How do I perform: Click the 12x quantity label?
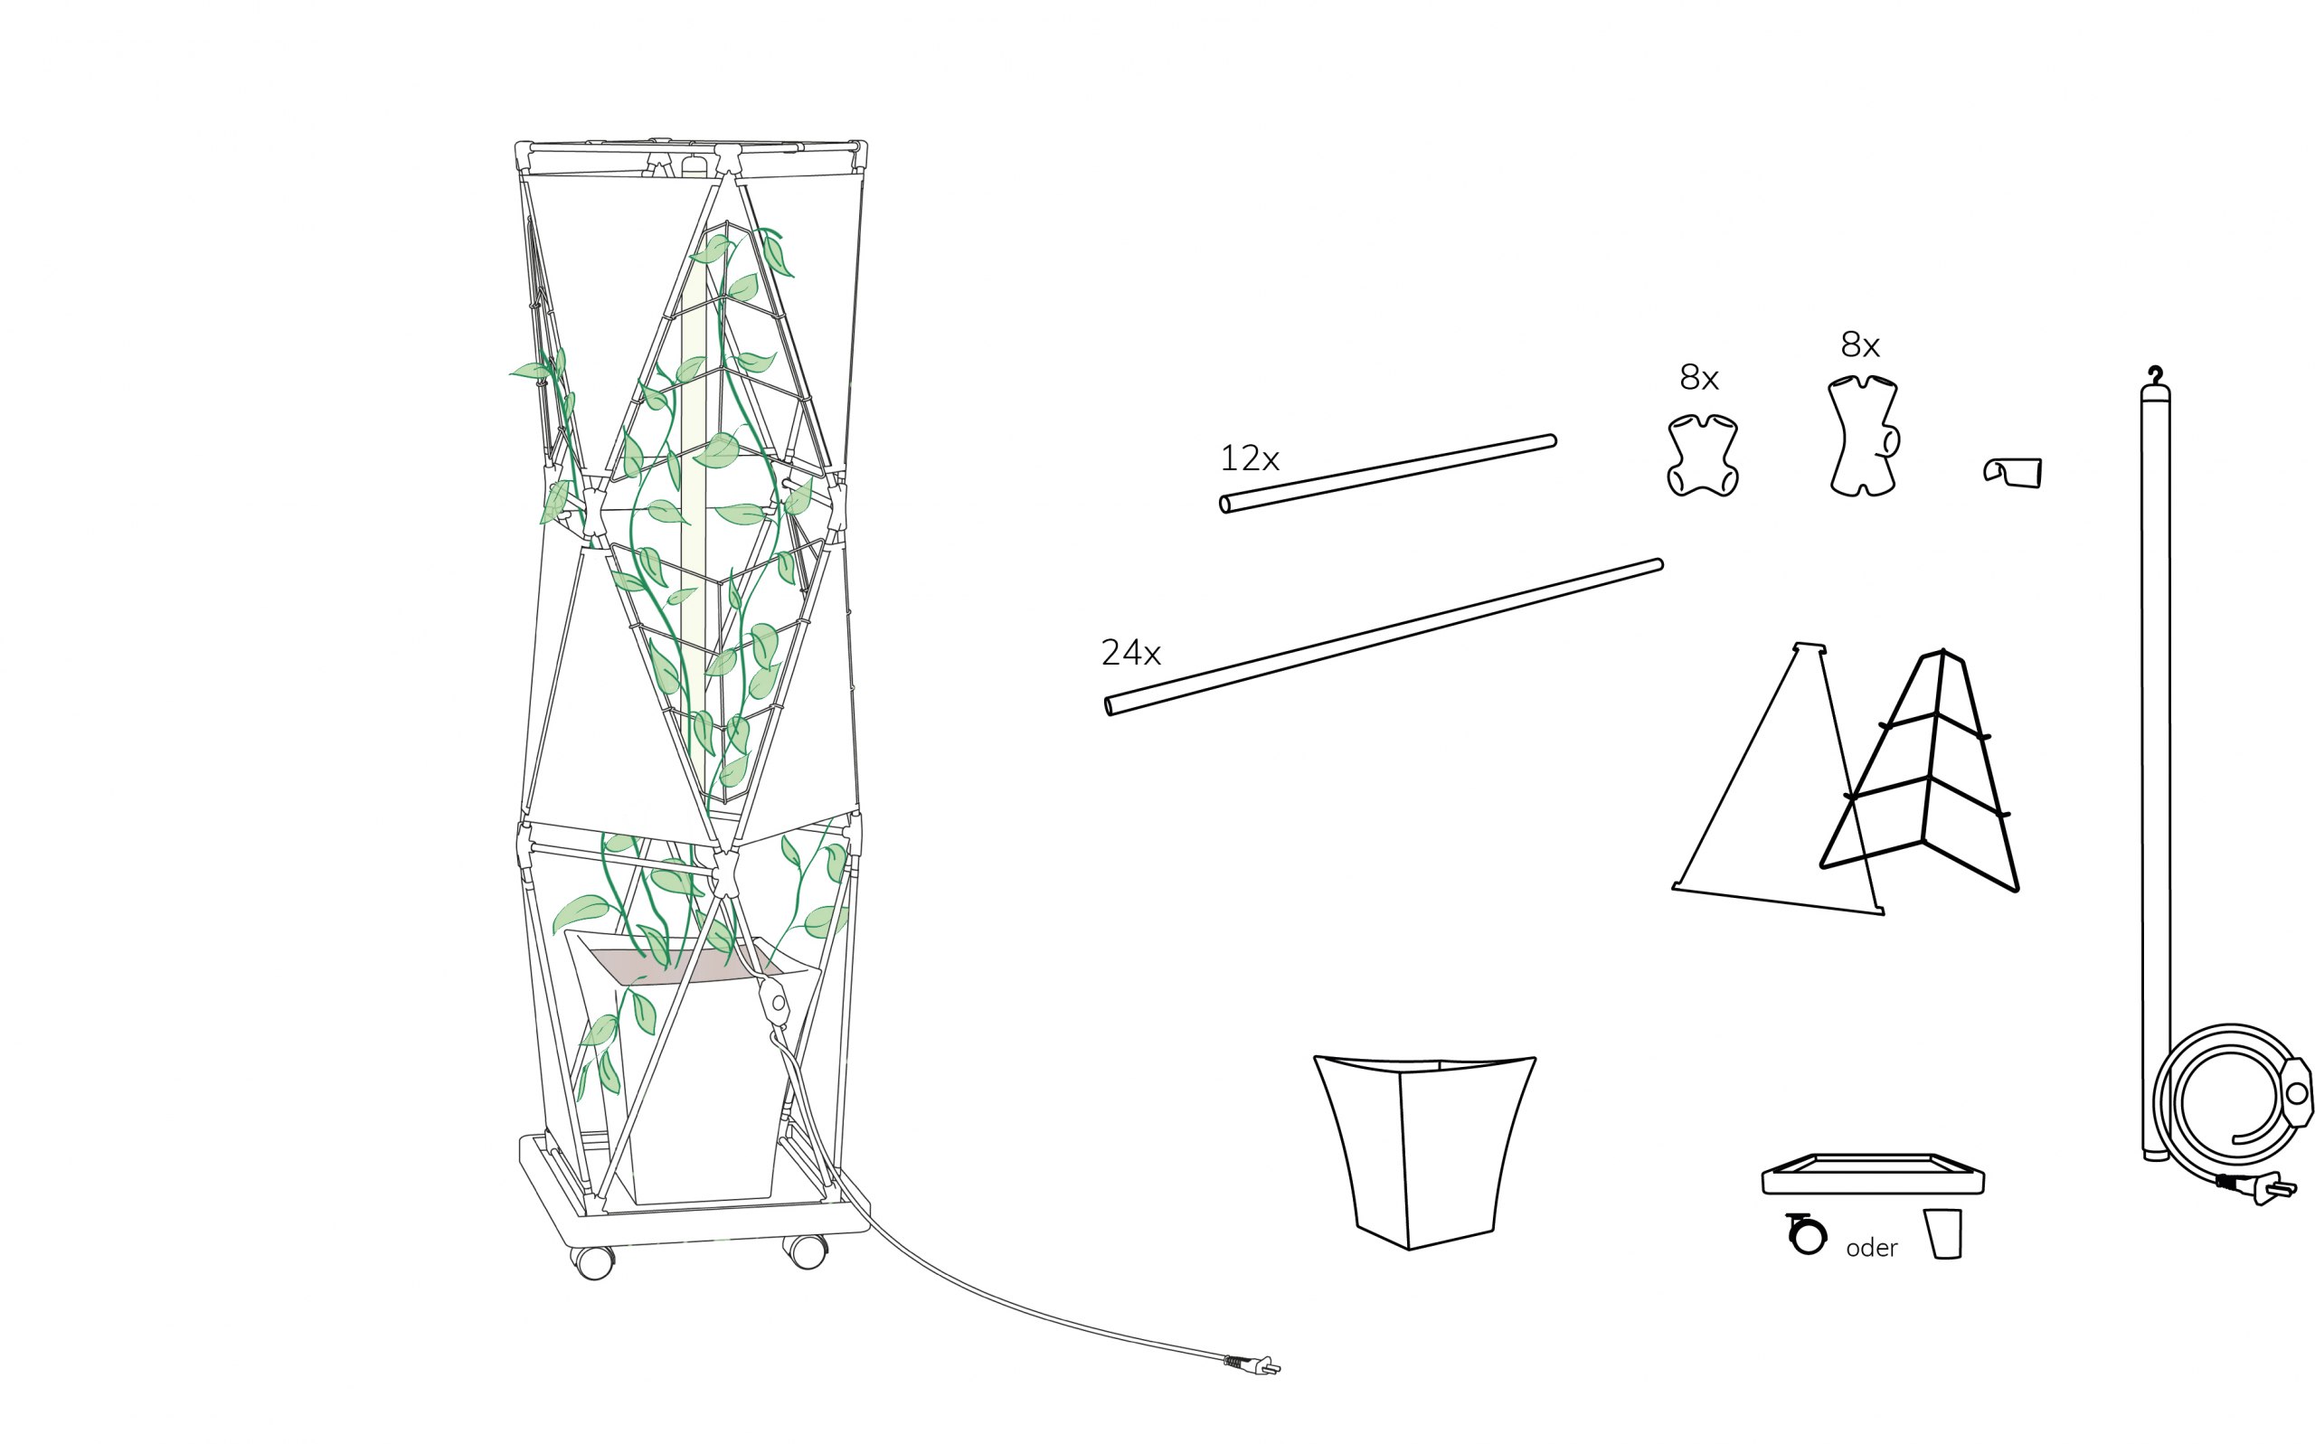coord(1249,458)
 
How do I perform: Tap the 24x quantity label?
coord(1130,652)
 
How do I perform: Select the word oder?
coord(1872,1247)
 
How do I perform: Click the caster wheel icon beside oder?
coord(1807,1234)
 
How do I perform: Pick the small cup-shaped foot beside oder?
coord(1942,1234)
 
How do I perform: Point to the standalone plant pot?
coord(1424,1151)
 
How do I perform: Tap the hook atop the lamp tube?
coord(2156,374)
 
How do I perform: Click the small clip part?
coord(2012,472)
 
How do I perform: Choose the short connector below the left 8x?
coord(1703,455)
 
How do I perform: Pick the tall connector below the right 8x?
coord(1863,436)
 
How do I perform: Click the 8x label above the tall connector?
coord(1860,344)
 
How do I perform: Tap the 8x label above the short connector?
coord(1699,378)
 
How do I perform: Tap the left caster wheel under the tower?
coord(594,1262)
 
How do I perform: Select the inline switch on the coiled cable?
coord(2296,1092)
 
